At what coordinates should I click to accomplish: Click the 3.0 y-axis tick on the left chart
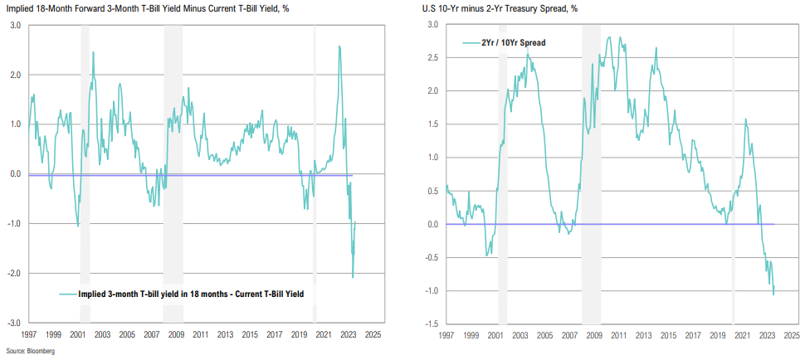coord(16,25)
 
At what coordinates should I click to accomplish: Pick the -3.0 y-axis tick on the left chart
coord(14,323)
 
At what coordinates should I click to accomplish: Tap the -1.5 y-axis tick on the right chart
coord(433,324)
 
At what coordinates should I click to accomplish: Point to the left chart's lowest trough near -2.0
coord(353,277)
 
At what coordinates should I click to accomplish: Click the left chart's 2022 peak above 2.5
coord(339,46)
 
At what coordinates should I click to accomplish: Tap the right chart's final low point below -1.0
coord(774,294)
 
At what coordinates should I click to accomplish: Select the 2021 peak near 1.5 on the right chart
coord(745,119)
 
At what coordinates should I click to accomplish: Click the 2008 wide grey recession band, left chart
coord(173,166)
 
